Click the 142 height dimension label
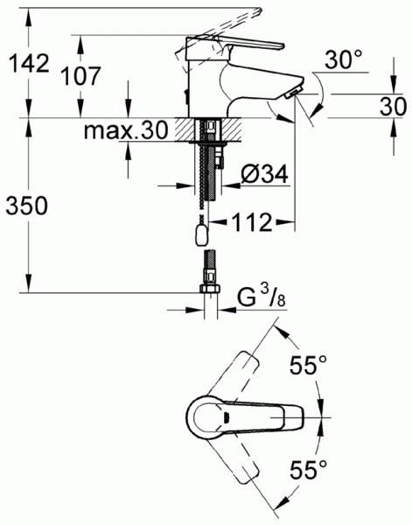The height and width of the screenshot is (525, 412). [x=29, y=63]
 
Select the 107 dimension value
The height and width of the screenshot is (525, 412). [x=80, y=76]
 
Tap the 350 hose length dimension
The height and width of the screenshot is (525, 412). [x=27, y=206]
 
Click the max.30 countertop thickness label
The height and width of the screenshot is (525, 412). [x=125, y=130]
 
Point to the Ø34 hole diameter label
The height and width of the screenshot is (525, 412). [x=264, y=174]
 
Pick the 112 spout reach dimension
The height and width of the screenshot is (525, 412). [x=252, y=222]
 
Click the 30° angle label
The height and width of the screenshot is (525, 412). [x=344, y=59]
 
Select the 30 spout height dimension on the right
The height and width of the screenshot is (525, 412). [x=393, y=107]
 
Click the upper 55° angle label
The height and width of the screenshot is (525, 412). [x=308, y=365]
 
